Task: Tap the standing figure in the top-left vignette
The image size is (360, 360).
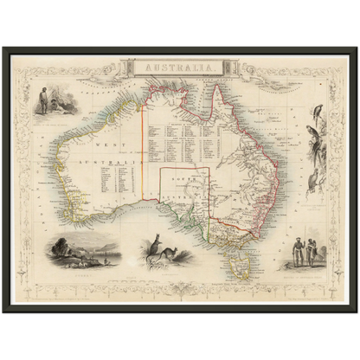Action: point(42,102)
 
